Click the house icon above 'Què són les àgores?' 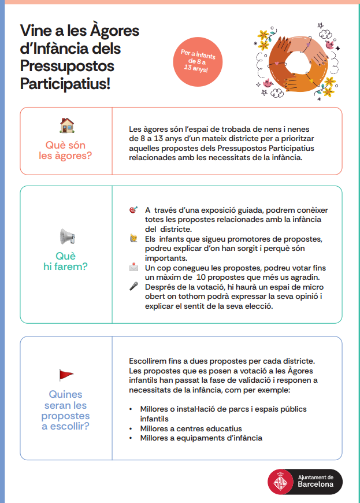[x=67, y=125]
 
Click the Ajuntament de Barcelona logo [x=305, y=481]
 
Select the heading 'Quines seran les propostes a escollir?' [x=65, y=410]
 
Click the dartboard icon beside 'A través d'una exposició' [x=134, y=210]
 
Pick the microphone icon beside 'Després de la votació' [x=134, y=286]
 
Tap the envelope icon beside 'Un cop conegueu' [x=134, y=268]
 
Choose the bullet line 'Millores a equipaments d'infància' [x=201, y=438]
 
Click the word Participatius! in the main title [x=65, y=84]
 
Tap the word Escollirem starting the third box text [x=150, y=361]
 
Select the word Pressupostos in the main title [x=67, y=66]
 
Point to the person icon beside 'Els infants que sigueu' [x=134, y=238]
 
